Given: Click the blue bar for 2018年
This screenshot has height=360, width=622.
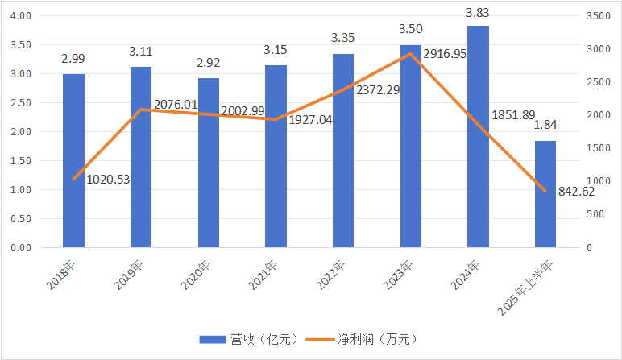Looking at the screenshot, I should tap(73, 161).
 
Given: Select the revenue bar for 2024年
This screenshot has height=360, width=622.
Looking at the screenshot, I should tap(478, 137).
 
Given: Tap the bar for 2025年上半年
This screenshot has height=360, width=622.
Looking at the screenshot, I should tap(545, 194).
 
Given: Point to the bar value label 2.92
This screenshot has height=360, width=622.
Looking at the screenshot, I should tap(208, 60).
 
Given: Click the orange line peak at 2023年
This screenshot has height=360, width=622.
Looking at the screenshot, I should tap(411, 54).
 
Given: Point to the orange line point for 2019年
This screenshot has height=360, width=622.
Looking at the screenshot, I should tap(141, 110).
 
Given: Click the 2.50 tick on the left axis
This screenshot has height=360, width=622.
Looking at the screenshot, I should tap(19, 103).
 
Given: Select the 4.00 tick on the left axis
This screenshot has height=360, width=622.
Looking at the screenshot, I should tap(19, 16).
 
